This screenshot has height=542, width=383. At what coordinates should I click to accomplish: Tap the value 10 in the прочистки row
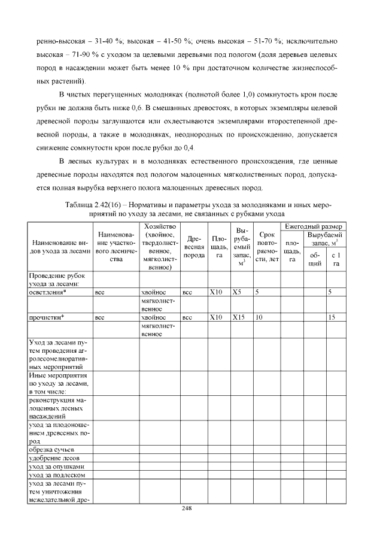click(x=259, y=317)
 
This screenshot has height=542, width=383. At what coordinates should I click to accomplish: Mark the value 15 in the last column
click(x=331, y=317)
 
